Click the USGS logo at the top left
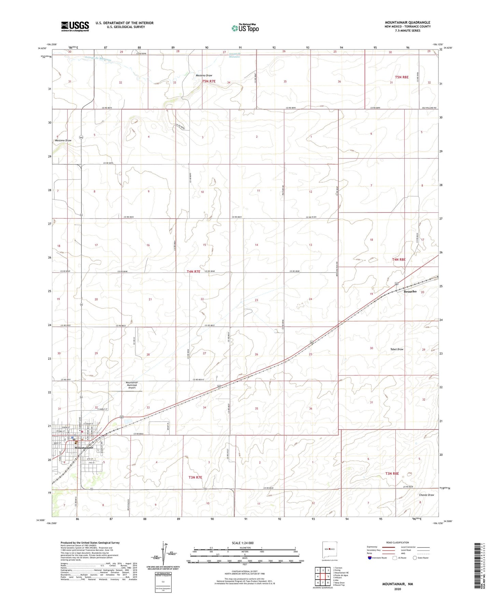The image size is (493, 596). coord(75,26)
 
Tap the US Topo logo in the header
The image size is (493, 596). coord(245,28)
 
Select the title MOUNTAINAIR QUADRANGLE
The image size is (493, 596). coord(407,23)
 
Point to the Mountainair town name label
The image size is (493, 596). coord(84,448)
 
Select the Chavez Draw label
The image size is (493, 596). coord(426,495)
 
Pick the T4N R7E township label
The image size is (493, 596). coord(193,272)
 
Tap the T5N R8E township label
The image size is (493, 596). coord(402,77)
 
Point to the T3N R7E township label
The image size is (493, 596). coord(195,477)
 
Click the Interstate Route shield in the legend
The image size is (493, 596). coord(370,558)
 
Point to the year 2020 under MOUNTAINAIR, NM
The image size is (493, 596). coord(397,589)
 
